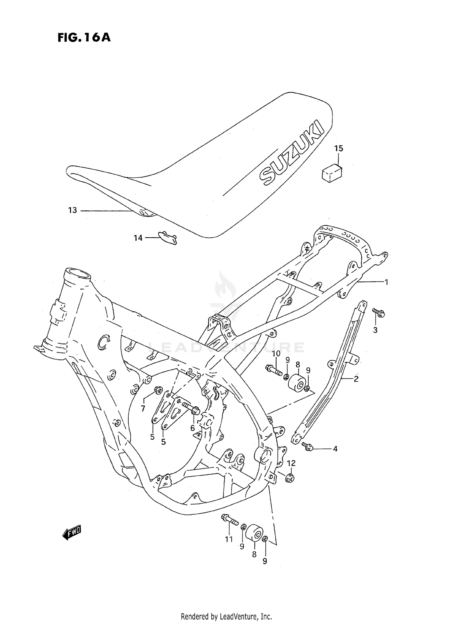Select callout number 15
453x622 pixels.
point(339,148)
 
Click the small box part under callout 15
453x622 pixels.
point(332,173)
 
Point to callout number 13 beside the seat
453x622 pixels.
point(72,210)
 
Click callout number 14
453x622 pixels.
point(138,238)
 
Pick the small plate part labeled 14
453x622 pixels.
point(168,237)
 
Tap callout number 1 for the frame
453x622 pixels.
point(386,282)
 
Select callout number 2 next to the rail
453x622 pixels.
point(356,379)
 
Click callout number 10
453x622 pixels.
point(276,353)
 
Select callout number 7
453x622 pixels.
point(143,409)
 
